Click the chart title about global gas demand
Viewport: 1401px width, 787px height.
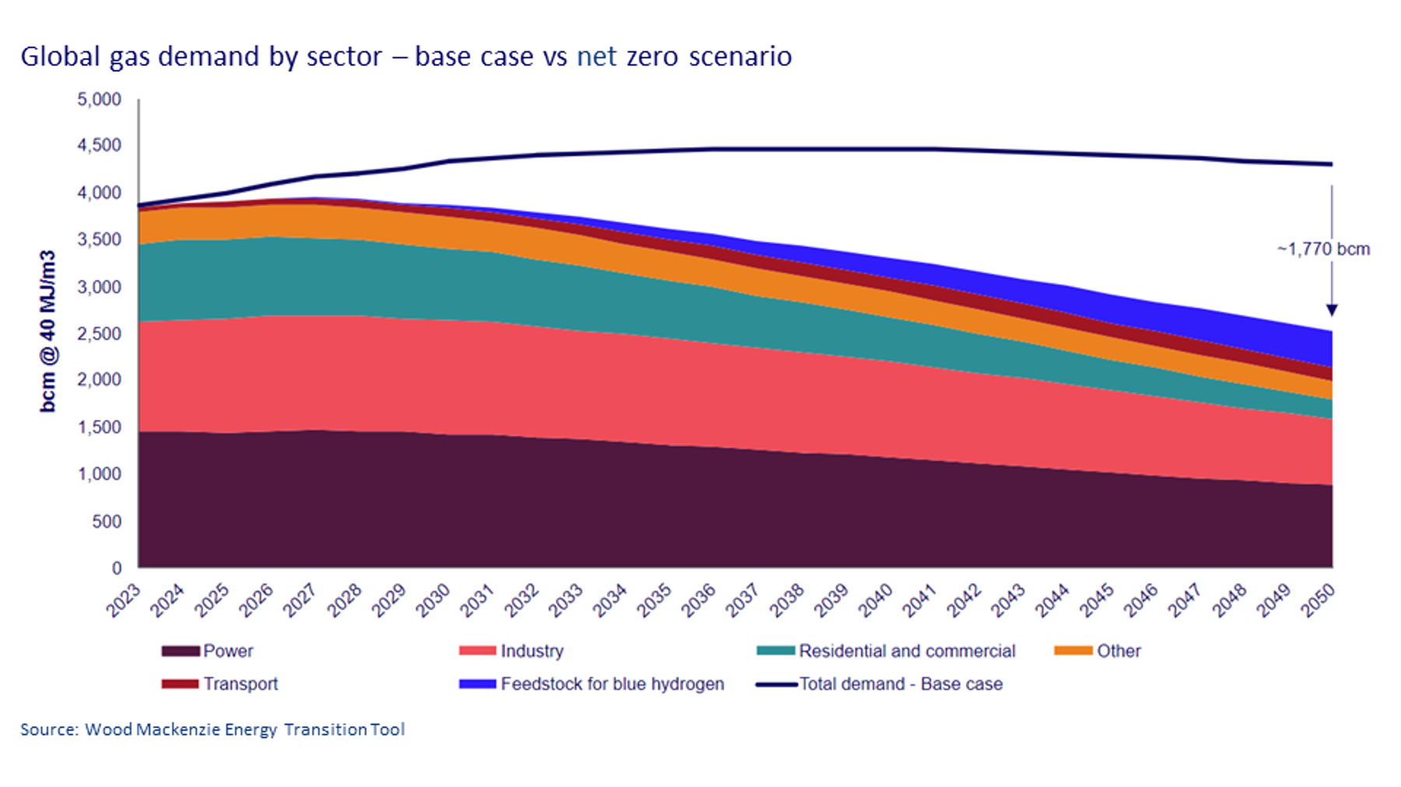(x=406, y=57)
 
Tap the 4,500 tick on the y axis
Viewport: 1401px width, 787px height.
(x=99, y=145)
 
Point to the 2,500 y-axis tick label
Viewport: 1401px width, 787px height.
(x=99, y=334)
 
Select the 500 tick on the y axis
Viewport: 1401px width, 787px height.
(x=107, y=521)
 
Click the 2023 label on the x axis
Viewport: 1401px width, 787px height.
(x=124, y=600)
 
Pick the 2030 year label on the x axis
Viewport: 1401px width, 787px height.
(x=433, y=600)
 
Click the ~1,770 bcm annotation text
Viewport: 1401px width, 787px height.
(x=1323, y=250)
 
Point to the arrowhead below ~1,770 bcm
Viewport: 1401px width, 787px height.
(x=1332, y=310)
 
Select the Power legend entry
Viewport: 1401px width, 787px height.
(x=208, y=651)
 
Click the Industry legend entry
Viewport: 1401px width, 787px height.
(x=511, y=651)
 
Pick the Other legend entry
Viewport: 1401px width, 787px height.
(x=1097, y=651)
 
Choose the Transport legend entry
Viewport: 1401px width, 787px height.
(x=220, y=684)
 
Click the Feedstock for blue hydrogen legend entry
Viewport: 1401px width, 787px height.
(x=592, y=684)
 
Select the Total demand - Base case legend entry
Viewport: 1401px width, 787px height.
(x=880, y=684)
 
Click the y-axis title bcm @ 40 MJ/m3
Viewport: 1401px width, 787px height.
(x=48, y=331)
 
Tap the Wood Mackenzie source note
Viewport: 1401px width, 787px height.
(x=212, y=729)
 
